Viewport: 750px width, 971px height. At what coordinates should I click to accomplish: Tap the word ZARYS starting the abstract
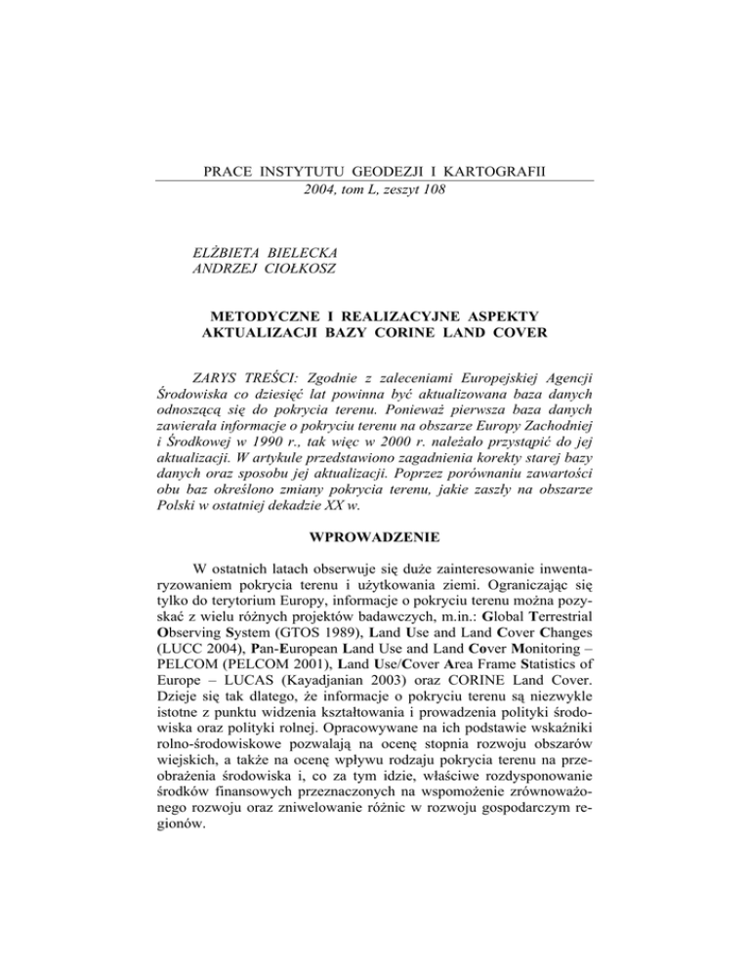point(223,385)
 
